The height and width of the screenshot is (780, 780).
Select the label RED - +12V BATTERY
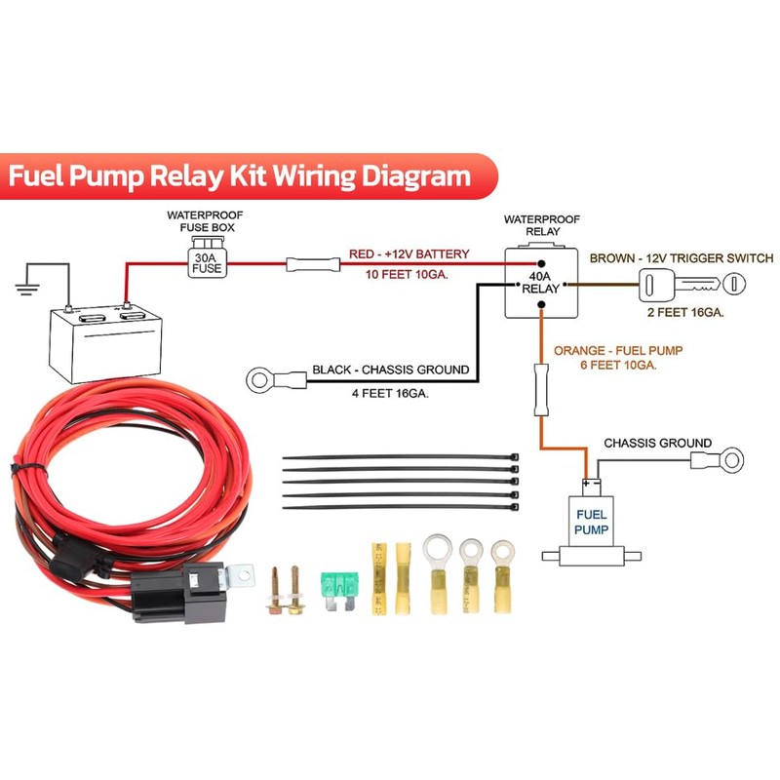point(409,254)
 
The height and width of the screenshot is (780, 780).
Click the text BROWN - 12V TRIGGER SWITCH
point(682,258)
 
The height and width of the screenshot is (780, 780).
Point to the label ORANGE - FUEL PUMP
point(617,349)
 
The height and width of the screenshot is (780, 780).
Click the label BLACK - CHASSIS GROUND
point(390,370)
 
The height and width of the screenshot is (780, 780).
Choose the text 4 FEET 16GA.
point(389,395)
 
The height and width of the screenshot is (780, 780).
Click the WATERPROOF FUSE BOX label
point(205,221)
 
